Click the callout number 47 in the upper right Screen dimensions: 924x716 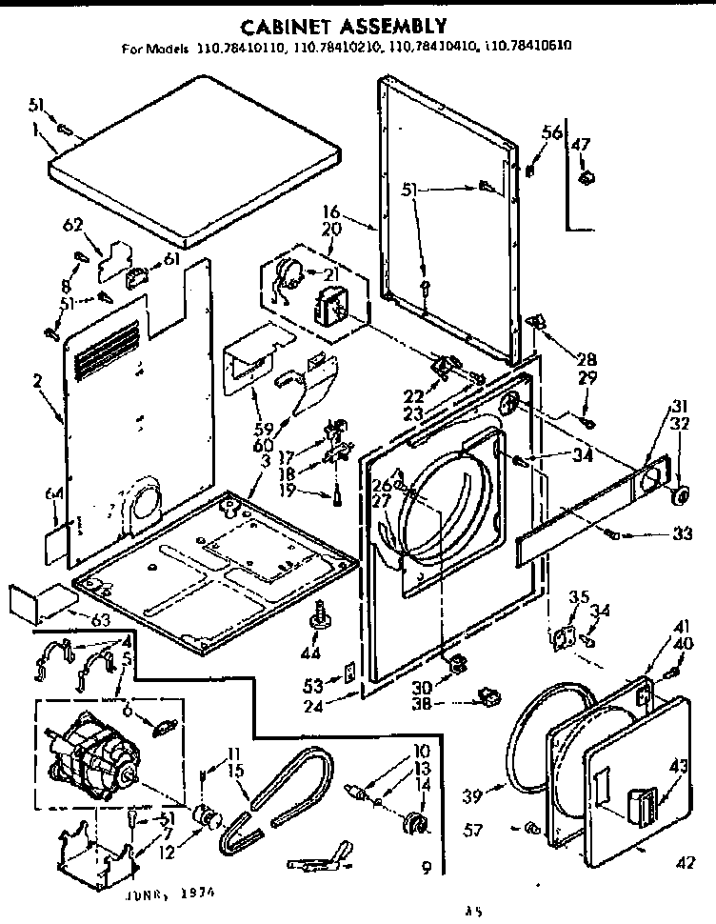click(581, 144)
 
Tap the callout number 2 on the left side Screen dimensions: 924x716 click(37, 381)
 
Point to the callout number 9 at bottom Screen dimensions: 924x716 click(426, 866)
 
